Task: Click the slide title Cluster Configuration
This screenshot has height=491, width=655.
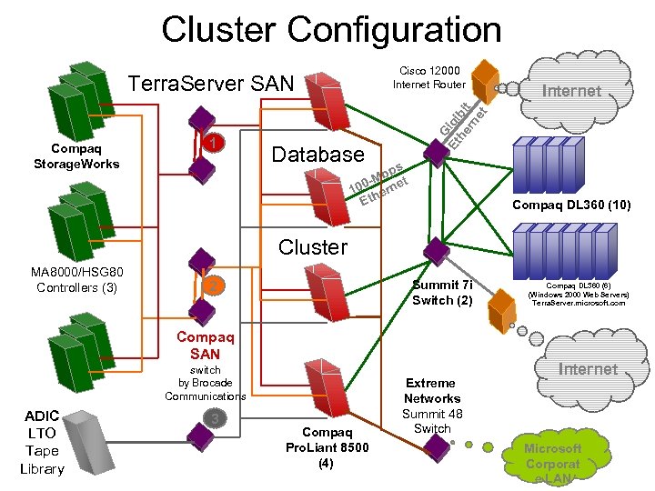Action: (x=331, y=29)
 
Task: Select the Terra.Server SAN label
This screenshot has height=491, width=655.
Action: (x=212, y=85)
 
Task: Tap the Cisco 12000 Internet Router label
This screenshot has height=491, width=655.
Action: (x=429, y=77)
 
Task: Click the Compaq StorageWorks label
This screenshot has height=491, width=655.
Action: (x=76, y=156)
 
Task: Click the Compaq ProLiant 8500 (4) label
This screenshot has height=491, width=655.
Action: (x=327, y=447)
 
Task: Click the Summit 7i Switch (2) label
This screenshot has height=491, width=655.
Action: (x=442, y=293)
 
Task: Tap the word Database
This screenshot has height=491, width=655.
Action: (x=318, y=154)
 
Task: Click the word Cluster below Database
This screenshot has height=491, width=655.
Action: (x=313, y=246)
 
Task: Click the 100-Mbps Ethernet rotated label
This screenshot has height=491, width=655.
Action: (x=378, y=183)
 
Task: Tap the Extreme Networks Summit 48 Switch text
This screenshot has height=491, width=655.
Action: (x=432, y=406)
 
